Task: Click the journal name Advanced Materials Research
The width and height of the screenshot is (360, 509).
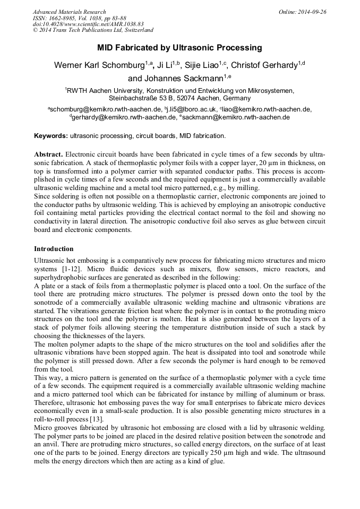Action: [69, 12]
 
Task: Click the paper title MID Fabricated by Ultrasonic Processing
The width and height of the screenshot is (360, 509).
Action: [179, 48]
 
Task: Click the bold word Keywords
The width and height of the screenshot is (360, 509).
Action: [51, 136]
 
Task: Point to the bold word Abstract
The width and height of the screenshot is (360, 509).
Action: [48, 153]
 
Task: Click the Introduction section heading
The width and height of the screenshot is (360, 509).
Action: [54, 248]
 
